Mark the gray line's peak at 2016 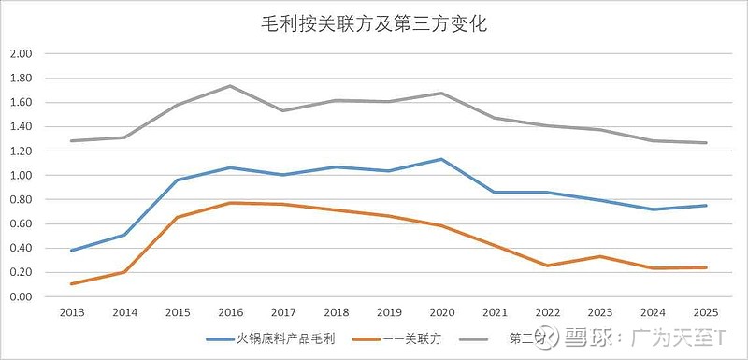230,86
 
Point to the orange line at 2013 71,283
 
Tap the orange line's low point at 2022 548,266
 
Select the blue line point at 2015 178,180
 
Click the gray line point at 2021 495,118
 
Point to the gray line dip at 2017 283,110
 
